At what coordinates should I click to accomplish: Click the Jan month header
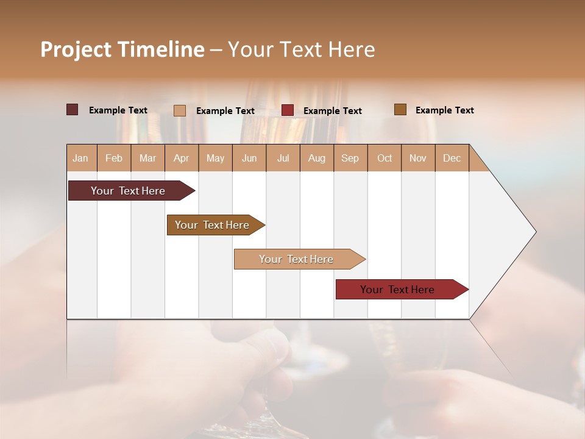coord(81,158)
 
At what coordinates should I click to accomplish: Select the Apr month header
coord(182,158)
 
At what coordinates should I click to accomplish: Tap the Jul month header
coord(283,158)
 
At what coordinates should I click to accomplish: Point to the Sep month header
coord(350,158)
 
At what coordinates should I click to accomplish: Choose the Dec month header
coord(452,158)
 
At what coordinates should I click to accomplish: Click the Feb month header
coord(114,158)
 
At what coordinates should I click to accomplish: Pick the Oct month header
coord(385,158)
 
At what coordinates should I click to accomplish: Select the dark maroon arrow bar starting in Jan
coord(128,191)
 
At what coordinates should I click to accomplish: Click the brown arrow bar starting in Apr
coord(212,225)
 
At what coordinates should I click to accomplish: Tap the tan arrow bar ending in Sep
coord(296,259)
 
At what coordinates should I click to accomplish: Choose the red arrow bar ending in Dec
coord(397,290)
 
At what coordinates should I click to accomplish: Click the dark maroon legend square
coord(73,110)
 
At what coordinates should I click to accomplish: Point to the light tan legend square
coord(180,110)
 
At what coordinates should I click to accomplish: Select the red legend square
coord(288,110)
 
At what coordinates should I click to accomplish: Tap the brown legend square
coord(400,110)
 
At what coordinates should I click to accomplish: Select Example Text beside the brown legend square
coord(444,110)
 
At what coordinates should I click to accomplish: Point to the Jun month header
coord(249,158)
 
